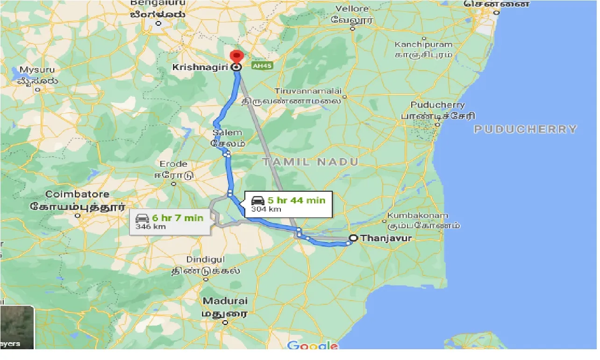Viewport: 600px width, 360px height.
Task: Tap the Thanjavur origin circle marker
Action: pos(353,238)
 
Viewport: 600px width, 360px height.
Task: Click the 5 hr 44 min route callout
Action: pos(288,204)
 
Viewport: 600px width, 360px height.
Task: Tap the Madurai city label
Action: pos(225,301)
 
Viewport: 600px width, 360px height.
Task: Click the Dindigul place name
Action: pos(206,259)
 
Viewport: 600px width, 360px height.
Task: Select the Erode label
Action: pos(173,164)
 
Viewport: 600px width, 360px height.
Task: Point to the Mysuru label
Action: pos(37,70)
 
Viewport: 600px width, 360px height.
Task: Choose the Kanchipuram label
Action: pos(423,44)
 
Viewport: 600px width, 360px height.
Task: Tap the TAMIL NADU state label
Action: pos(310,162)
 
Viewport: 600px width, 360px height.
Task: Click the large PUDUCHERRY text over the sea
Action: pos(525,129)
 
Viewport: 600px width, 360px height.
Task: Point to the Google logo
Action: pos(312,346)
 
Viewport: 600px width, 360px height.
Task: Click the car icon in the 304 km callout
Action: pos(258,200)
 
